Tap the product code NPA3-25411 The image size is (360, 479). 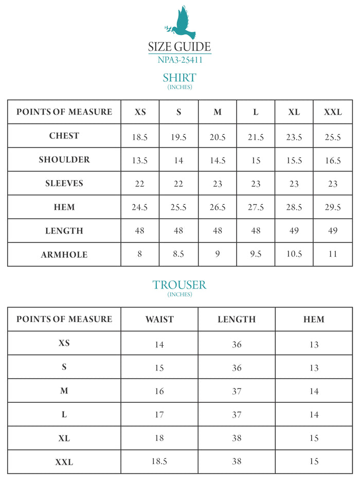click(x=179, y=60)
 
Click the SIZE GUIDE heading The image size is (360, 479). click(x=179, y=47)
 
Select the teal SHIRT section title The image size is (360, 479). click(x=179, y=78)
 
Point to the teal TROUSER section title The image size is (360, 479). click(x=179, y=285)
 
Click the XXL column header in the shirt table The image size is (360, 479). click(x=333, y=112)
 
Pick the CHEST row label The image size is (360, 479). click(x=64, y=136)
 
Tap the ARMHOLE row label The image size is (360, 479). click(x=64, y=255)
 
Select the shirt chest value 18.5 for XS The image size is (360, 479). click(x=140, y=137)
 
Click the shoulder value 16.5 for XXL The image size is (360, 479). click(x=333, y=161)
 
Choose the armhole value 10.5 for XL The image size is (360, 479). click(x=294, y=255)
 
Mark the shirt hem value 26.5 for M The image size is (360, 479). click(x=218, y=207)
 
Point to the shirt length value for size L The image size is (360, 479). click(x=256, y=231)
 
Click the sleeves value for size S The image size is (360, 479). click(x=178, y=184)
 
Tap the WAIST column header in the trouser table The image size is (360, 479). click(x=159, y=320)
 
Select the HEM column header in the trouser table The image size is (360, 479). click(x=314, y=320)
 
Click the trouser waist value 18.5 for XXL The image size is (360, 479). click(x=159, y=462)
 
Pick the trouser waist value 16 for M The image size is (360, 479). click(x=159, y=391)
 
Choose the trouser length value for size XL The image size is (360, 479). click(x=237, y=438)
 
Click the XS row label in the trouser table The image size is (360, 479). click(x=64, y=343)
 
